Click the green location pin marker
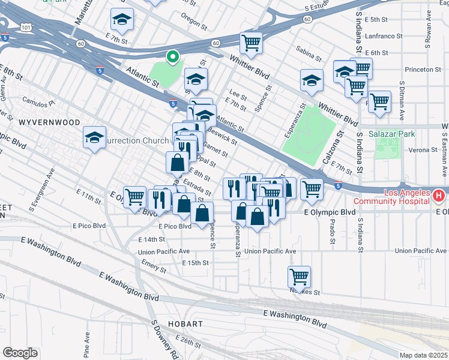pos(173,57)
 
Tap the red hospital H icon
pos(438,196)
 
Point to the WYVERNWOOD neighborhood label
pos(49,122)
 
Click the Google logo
pos(20,352)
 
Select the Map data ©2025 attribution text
pos(424,355)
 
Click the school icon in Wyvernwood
pos(94,138)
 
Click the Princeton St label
pos(423,70)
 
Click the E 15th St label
pos(196,263)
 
